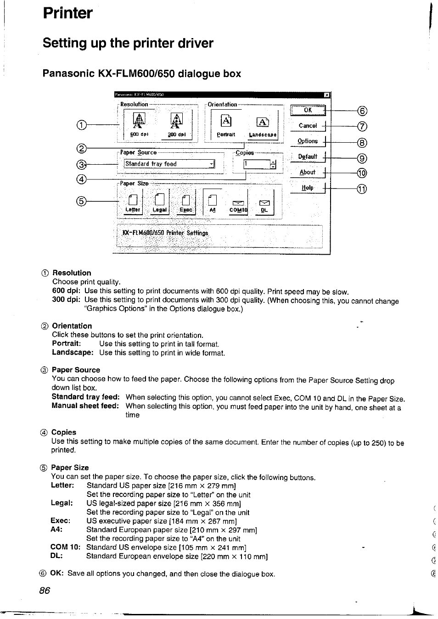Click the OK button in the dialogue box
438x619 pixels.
(x=308, y=110)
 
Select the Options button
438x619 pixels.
(x=308, y=141)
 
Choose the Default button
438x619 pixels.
(x=308, y=156)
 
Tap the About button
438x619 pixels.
(x=308, y=173)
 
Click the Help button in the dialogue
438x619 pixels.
(x=308, y=188)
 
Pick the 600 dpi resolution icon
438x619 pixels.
(x=138, y=121)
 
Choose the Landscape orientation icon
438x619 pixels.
(x=263, y=122)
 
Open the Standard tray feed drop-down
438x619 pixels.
(x=169, y=164)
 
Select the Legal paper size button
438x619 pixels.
(x=159, y=202)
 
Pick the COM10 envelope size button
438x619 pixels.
(x=238, y=204)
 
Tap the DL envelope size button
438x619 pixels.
(x=264, y=204)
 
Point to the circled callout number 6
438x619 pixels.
(x=363, y=111)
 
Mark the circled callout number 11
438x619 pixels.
(x=363, y=189)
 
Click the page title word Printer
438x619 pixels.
(x=67, y=13)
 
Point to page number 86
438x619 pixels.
(x=45, y=591)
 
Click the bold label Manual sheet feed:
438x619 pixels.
(x=85, y=406)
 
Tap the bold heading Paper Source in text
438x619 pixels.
(x=76, y=370)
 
